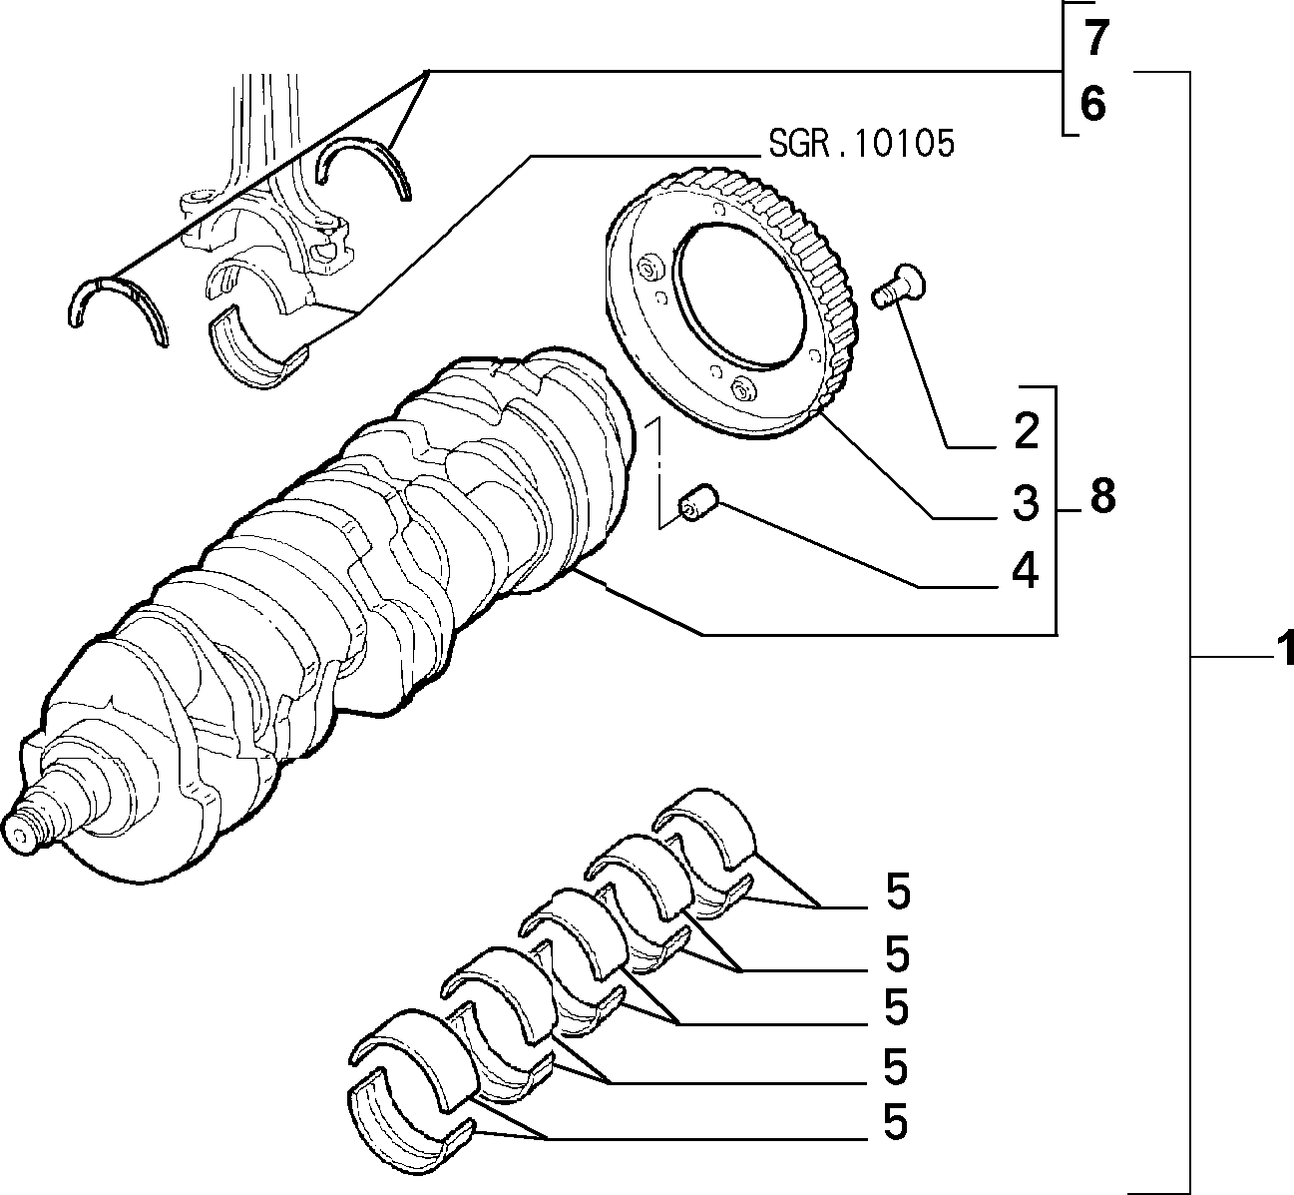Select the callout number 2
1027,430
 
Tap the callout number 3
1026,502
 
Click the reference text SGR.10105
861,143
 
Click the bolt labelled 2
899,287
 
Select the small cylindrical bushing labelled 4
697,503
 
